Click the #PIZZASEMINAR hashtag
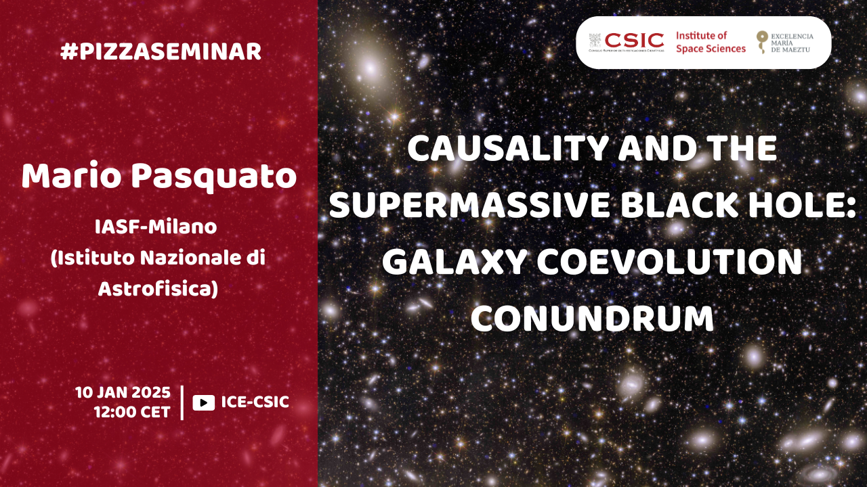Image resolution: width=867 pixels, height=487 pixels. pyautogui.click(x=161, y=52)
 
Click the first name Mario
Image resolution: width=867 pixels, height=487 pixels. pyautogui.click(x=72, y=177)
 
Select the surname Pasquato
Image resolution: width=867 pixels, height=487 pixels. pyautogui.click(x=214, y=178)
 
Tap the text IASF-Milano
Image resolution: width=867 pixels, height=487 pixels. pyautogui.click(x=156, y=227)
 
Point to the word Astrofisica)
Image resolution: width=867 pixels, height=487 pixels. pyautogui.click(x=158, y=289)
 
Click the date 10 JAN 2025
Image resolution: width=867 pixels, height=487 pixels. pyautogui.click(x=123, y=393)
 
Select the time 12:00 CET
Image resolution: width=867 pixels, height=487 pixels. pyautogui.click(x=132, y=413)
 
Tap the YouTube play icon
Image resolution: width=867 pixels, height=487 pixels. pyautogui.click(x=204, y=402)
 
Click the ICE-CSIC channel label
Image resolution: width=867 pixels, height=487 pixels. pyautogui.click(x=255, y=402)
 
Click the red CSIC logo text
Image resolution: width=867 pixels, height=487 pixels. pyautogui.click(x=634, y=40)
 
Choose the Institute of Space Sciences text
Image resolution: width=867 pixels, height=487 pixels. pyautogui.click(x=711, y=42)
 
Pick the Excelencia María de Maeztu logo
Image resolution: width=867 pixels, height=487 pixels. pyautogui.click(x=785, y=43)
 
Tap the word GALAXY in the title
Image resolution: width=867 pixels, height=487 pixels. pyautogui.click(x=454, y=262)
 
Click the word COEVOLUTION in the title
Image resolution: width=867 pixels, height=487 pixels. pyautogui.click(x=669, y=262)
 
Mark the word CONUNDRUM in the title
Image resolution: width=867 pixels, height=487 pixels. pyautogui.click(x=592, y=319)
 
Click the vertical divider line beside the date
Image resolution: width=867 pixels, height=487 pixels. pyautogui.click(x=182, y=402)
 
